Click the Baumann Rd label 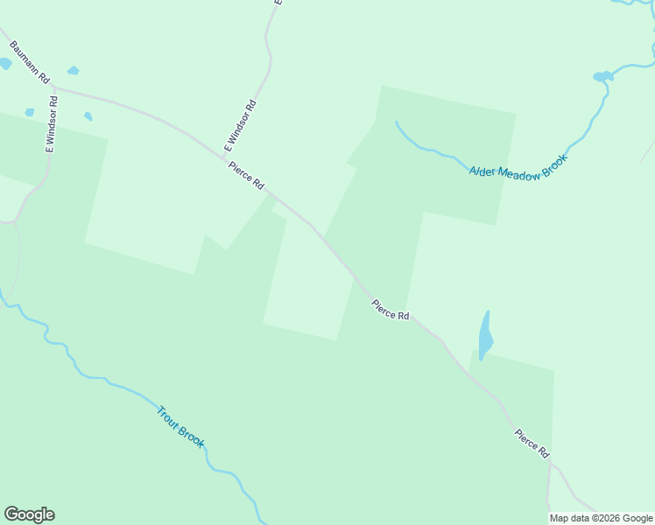click(29, 59)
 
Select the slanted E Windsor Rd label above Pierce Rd click(239, 129)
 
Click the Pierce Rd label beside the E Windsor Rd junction click(246, 175)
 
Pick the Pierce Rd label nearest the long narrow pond click(391, 310)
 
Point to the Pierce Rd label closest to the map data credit click(532, 443)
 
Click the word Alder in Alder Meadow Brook click(483, 171)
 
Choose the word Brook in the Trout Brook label click(191, 436)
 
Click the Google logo click(29, 514)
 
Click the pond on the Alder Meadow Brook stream click(602, 77)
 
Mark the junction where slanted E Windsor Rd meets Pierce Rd click(219, 156)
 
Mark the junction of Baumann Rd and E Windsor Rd click(55, 87)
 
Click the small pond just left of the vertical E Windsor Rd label click(30, 113)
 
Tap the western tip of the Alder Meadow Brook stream click(397, 122)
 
